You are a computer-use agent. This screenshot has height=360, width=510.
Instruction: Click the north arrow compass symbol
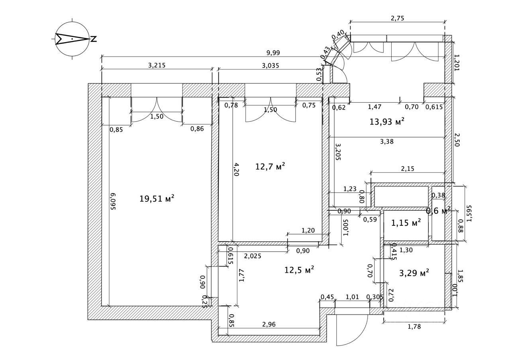click(x=72, y=39)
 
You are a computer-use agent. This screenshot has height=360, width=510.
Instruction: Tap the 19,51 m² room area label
click(x=157, y=198)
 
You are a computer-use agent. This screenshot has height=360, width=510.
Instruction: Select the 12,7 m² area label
click(x=270, y=166)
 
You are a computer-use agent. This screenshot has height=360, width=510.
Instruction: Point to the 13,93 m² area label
click(x=387, y=122)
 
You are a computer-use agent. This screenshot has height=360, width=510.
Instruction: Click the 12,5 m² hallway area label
click(x=299, y=270)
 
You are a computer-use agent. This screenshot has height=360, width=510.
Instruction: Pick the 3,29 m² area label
click(x=414, y=273)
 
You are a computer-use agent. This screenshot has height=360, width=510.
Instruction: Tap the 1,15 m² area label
click(x=406, y=223)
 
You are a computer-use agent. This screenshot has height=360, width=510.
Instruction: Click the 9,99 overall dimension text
click(x=274, y=52)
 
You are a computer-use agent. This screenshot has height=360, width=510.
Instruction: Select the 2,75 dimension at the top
click(x=397, y=18)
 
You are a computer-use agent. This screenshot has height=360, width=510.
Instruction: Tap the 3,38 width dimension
click(x=386, y=141)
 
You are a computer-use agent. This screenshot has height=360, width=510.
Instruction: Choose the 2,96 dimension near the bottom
click(x=269, y=324)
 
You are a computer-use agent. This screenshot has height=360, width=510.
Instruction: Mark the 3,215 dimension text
click(x=157, y=65)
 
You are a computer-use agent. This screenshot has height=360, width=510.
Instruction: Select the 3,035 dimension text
click(x=270, y=65)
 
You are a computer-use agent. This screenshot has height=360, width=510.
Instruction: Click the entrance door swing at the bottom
click(x=351, y=331)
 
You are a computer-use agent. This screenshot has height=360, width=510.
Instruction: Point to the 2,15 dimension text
click(x=407, y=168)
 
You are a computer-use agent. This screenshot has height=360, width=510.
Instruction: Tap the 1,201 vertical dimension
click(x=457, y=63)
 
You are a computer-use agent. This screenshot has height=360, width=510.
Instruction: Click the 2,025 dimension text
click(x=253, y=256)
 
